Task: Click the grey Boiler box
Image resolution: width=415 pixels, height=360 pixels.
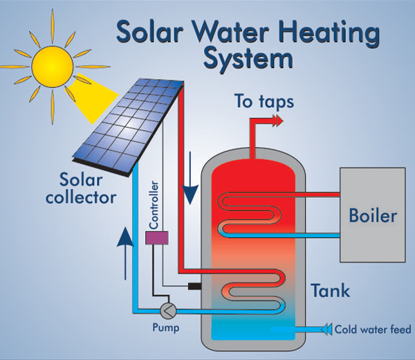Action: click(372, 215)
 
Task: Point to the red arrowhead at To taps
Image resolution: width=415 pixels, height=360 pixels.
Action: click(278, 120)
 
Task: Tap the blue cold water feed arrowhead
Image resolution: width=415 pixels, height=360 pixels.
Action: click(326, 329)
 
